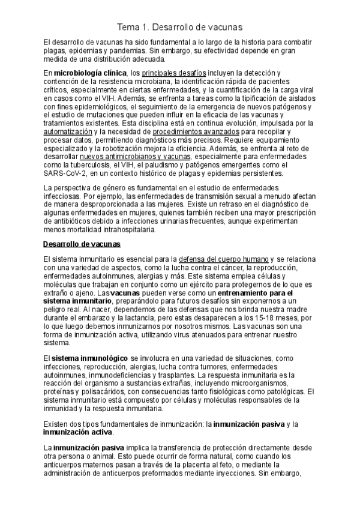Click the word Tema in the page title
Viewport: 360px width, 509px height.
(x=127, y=27)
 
